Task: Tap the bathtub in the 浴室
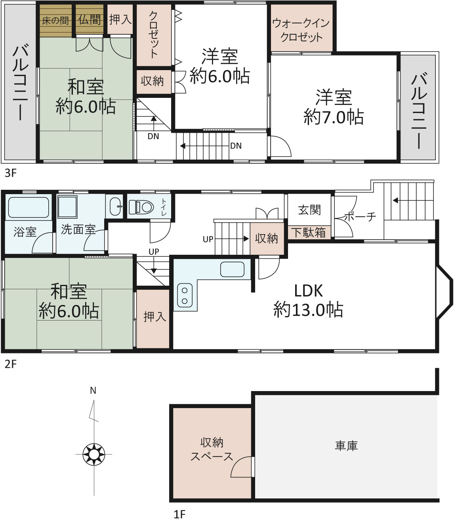tap(29, 207)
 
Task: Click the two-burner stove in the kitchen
tap(185, 296)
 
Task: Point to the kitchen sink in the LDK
tap(232, 269)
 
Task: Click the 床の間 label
tap(55, 21)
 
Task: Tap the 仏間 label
tap(90, 20)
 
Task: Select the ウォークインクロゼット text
tap(301, 30)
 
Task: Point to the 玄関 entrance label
tap(309, 210)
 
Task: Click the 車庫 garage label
tap(346, 446)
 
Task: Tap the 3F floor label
tap(10, 173)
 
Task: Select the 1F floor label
tap(179, 514)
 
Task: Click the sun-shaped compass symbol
tap(94, 454)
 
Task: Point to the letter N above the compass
tap(93, 390)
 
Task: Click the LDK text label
tap(308, 291)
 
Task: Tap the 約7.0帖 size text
tap(334, 117)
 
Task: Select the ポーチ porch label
tap(361, 217)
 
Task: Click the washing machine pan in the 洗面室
tap(67, 207)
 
